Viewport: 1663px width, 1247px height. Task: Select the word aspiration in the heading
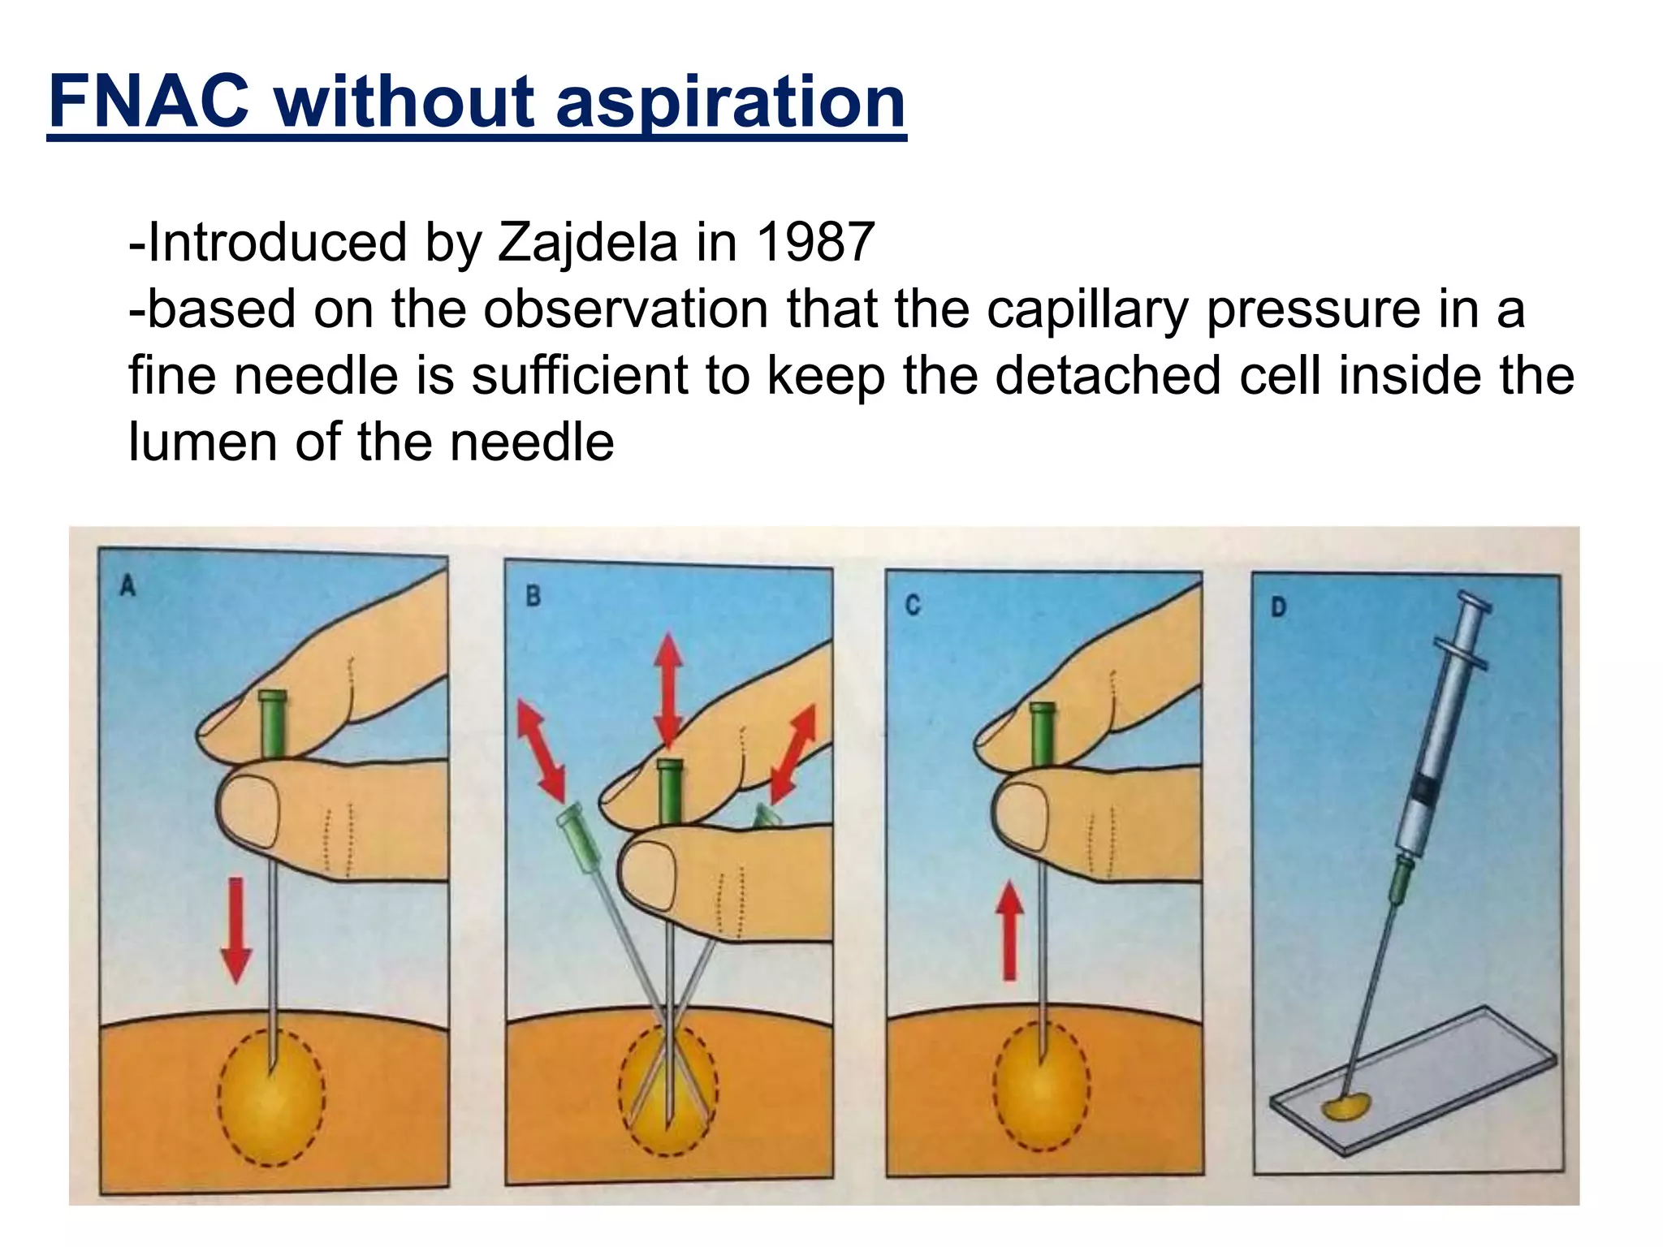[x=730, y=103]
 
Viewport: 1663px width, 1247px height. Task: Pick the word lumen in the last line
[x=203, y=442]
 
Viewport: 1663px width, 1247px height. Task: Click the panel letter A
[x=127, y=586]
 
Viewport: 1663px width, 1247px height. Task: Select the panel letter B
[x=533, y=597]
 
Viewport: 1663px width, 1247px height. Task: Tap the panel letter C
[x=913, y=606]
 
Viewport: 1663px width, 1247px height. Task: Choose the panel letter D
[x=1278, y=608]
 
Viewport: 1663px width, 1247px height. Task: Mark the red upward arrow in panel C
[x=1009, y=930]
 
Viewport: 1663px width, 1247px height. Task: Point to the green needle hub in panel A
[x=271, y=722]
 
